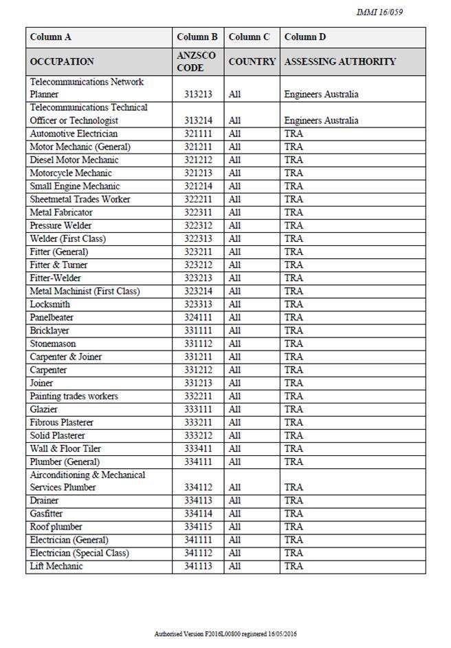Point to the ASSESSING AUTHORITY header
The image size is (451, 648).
pos(340,61)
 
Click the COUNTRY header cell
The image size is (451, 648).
pos(252,61)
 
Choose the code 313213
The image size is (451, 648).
pos(198,94)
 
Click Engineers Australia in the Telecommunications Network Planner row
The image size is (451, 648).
pos(321,94)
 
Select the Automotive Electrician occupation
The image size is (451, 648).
pos(74,134)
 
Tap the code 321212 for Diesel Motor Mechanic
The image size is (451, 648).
pos(198,160)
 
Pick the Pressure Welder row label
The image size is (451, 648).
pos(60,225)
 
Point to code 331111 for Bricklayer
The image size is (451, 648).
pos(198,331)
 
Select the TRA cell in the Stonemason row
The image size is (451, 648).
pos(293,344)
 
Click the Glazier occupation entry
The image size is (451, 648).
pos(43,409)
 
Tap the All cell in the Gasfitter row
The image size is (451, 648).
pos(234,514)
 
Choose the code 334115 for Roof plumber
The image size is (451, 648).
pos(198,527)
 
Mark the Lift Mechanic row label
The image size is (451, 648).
pos(56,566)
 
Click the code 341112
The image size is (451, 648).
pos(198,553)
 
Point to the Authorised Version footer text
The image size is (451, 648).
pos(225,634)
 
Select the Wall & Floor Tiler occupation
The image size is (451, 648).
pos(65,448)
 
